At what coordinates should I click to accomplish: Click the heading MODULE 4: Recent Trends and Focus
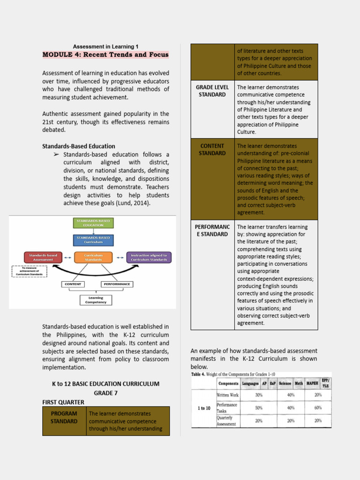click(105, 54)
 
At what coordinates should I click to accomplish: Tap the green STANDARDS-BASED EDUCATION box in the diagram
click(93, 223)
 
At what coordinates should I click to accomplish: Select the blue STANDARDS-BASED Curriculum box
click(93, 240)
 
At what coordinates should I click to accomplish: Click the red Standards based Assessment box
click(43, 257)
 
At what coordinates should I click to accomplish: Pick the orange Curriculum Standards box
click(93, 257)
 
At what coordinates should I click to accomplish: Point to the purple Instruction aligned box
click(149, 257)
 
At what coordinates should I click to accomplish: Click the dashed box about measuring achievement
click(30, 272)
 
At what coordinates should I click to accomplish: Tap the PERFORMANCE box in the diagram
click(116, 284)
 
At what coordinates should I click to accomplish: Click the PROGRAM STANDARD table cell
click(64, 417)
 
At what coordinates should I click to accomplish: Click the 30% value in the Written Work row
click(259, 395)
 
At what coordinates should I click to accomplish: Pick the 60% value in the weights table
click(318, 408)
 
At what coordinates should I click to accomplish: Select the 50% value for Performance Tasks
click(259, 408)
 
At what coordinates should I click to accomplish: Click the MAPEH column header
click(312, 383)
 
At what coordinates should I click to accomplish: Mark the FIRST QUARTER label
click(63, 402)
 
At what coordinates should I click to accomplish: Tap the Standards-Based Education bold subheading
click(79, 146)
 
